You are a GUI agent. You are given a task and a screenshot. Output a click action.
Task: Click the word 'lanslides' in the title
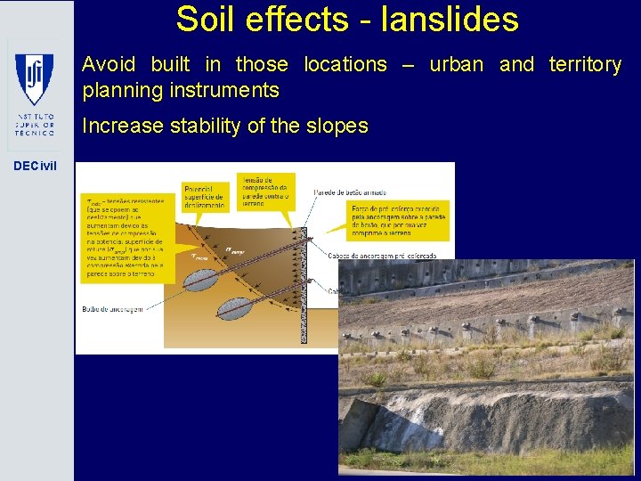point(449,19)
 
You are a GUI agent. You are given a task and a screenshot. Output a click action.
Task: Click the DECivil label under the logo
point(34,166)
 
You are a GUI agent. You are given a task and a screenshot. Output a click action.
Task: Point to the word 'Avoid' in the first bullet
point(109,64)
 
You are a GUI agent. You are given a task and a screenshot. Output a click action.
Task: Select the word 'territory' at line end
point(585,64)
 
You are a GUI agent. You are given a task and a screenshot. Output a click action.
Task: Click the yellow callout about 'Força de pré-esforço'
point(396,219)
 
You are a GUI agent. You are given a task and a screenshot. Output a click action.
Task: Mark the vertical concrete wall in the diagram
point(303,285)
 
